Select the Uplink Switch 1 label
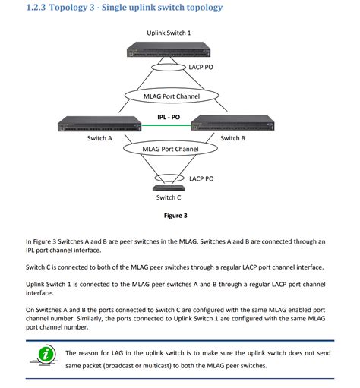[x=169, y=33]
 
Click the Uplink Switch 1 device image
[x=169, y=51]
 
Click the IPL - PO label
[x=169, y=117]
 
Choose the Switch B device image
[x=233, y=123]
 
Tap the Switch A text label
[x=99, y=138]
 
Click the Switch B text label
[x=232, y=138]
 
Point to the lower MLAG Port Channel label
[x=170, y=149]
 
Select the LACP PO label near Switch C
[x=201, y=178]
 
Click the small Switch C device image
[x=168, y=187]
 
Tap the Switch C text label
[x=169, y=197]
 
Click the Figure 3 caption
[x=175, y=216]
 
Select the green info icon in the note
[x=46, y=355]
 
